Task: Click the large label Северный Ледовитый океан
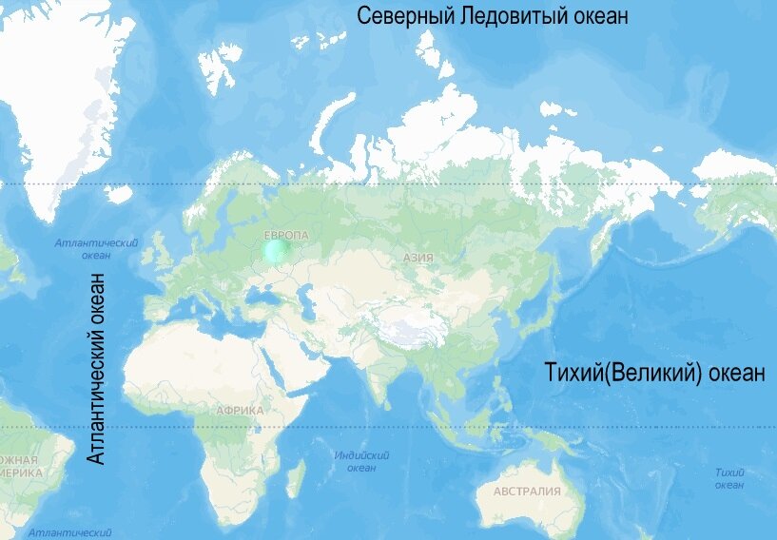point(492,17)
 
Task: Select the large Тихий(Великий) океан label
point(655,373)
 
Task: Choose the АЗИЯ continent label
point(418,257)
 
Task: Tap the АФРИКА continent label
point(240,411)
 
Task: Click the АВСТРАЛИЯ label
point(527,492)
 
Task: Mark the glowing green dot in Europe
point(276,251)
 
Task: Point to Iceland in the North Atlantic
point(118,194)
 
